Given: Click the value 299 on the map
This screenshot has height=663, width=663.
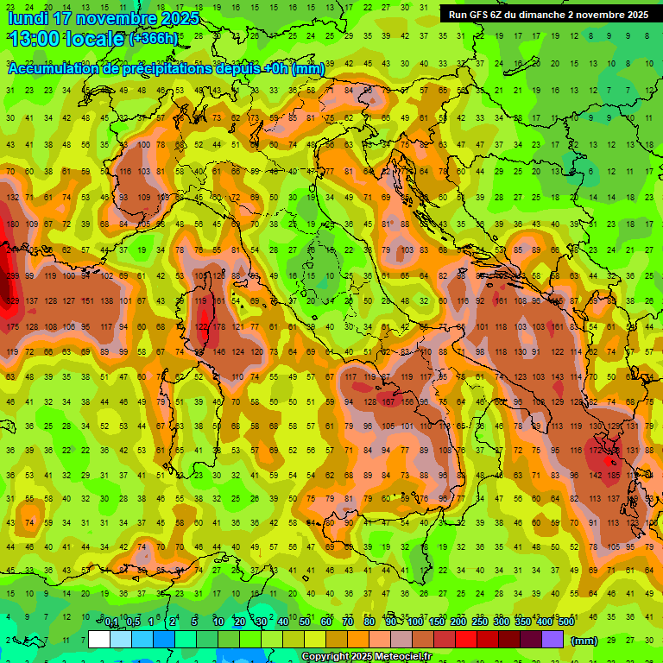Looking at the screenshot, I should (11, 276).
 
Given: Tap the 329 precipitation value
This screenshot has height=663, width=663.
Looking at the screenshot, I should (11, 301).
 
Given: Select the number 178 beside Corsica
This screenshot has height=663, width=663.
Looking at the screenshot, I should (220, 326).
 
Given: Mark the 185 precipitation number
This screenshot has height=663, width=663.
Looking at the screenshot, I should (614, 476).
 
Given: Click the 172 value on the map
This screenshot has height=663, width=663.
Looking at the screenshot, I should (595, 451).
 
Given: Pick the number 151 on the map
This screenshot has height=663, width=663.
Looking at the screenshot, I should (86, 301).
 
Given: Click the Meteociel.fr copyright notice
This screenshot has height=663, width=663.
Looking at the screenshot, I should (366, 657).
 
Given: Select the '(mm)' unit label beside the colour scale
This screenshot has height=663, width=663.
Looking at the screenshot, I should (584, 641).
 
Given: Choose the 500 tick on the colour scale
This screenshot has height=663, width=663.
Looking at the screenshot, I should (565, 622).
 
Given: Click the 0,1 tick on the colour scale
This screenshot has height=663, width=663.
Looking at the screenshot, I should (111, 622).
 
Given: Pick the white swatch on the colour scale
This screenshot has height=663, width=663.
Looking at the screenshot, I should (99, 640).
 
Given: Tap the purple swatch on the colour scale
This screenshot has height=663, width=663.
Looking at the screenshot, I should (553, 640).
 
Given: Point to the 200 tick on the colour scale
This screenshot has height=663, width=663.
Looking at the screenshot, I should (458, 622).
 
